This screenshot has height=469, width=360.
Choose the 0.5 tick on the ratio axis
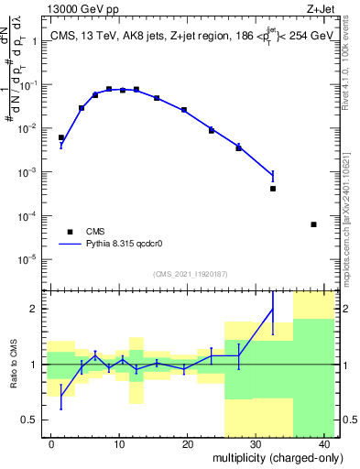(30, 420)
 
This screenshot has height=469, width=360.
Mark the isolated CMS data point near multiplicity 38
(313, 224)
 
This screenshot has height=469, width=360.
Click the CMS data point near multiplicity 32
(273, 189)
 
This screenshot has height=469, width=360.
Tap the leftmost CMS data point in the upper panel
(61, 137)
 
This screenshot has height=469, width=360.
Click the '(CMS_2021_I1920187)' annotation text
(189, 274)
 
